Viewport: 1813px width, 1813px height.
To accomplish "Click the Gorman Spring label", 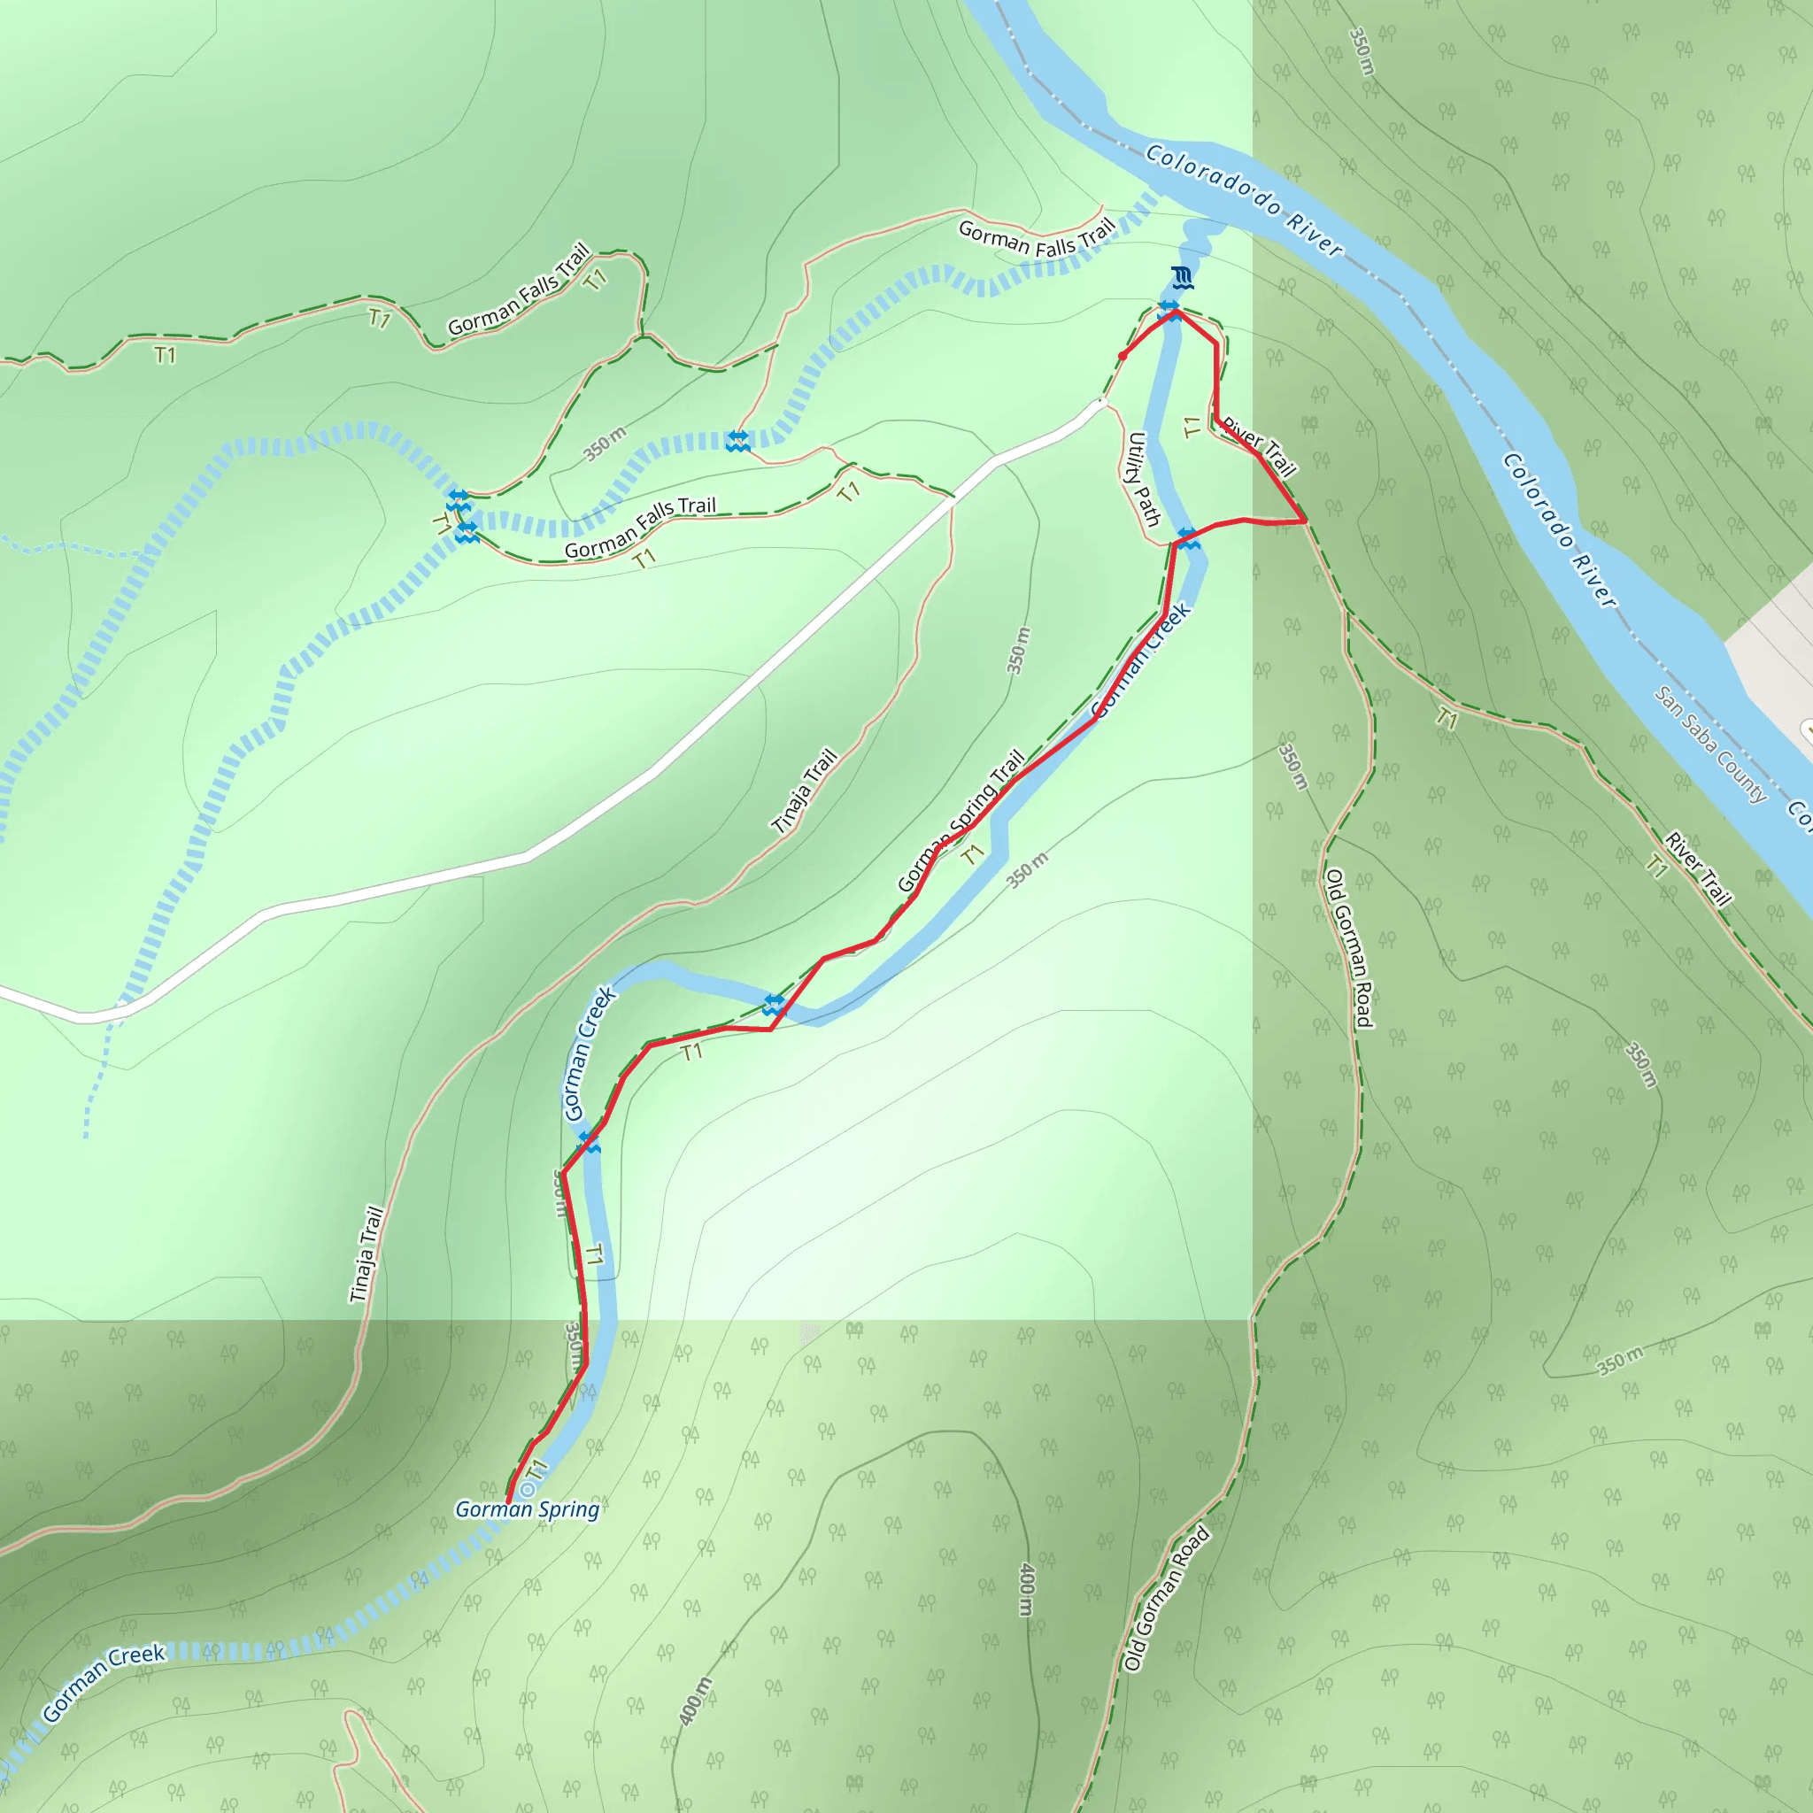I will point(527,1509).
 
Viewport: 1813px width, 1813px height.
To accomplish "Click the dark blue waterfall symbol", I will point(1183,278).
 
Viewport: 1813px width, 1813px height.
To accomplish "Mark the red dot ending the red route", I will point(1123,356).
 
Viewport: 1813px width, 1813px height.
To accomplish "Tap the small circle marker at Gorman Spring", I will point(528,1489).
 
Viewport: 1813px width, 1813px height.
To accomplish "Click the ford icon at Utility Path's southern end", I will point(1188,538).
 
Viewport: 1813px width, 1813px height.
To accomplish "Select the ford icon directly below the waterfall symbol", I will point(1170,311).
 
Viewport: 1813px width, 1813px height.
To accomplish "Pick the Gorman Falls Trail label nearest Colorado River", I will point(1037,238).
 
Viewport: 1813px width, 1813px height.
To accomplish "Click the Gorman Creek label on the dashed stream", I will point(104,1683).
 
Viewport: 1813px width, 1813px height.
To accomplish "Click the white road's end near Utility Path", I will point(1100,405).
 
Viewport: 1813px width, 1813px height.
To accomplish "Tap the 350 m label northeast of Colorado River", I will point(1362,51).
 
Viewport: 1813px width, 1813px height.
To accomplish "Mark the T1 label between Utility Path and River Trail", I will point(1192,428).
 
